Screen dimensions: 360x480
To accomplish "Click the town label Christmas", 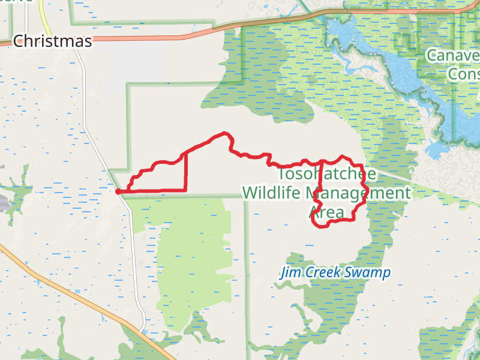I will [x=53, y=41].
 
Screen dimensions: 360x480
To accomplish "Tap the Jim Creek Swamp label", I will [x=336, y=273].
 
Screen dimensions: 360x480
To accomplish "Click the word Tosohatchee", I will [x=328, y=174].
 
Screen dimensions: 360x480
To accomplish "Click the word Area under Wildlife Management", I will [x=326, y=212].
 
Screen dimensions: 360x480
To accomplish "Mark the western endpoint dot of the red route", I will [x=118, y=191].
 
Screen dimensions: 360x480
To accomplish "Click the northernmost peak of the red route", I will [x=224, y=133].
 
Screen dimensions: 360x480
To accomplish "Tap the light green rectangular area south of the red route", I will [x=192, y=264].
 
